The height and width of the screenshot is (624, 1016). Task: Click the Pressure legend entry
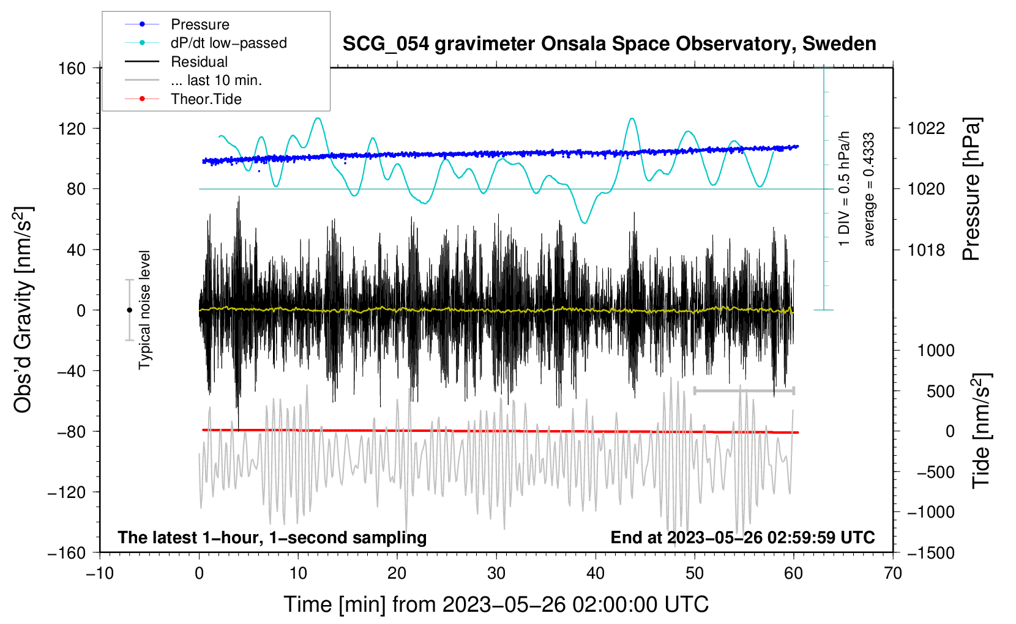pos(177,24)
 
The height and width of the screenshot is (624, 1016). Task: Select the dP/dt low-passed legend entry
pos(206,43)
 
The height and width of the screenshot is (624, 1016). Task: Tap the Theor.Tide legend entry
pos(183,99)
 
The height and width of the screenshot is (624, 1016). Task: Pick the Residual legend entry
pos(176,62)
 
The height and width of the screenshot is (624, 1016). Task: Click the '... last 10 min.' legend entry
pos(193,80)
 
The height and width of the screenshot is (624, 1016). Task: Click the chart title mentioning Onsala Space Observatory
pos(609,43)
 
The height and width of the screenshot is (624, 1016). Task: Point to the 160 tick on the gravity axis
pos(72,69)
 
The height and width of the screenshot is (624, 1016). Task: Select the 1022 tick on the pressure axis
pos(926,128)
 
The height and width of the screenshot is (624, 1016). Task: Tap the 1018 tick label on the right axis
pos(926,250)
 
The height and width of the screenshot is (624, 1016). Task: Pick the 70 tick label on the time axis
pos(892,573)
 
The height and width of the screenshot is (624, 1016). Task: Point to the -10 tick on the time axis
pos(100,573)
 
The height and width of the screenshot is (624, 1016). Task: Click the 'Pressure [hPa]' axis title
pos(971,189)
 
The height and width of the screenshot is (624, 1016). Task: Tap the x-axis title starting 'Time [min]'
pos(496,604)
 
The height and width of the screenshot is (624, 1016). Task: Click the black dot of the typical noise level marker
pos(129,310)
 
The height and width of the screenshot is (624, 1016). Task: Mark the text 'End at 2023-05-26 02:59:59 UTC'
pos(742,537)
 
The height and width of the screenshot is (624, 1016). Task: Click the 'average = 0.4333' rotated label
pos(868,189)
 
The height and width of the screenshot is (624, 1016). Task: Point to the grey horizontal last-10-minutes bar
pos(744,390)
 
